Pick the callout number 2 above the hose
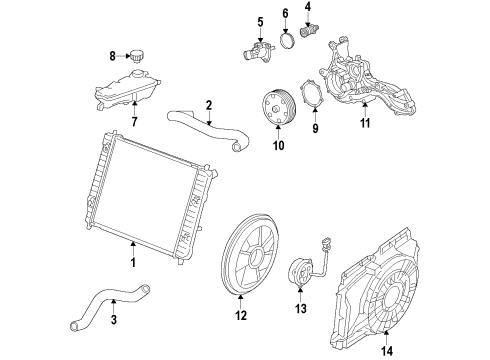[208, 105]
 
